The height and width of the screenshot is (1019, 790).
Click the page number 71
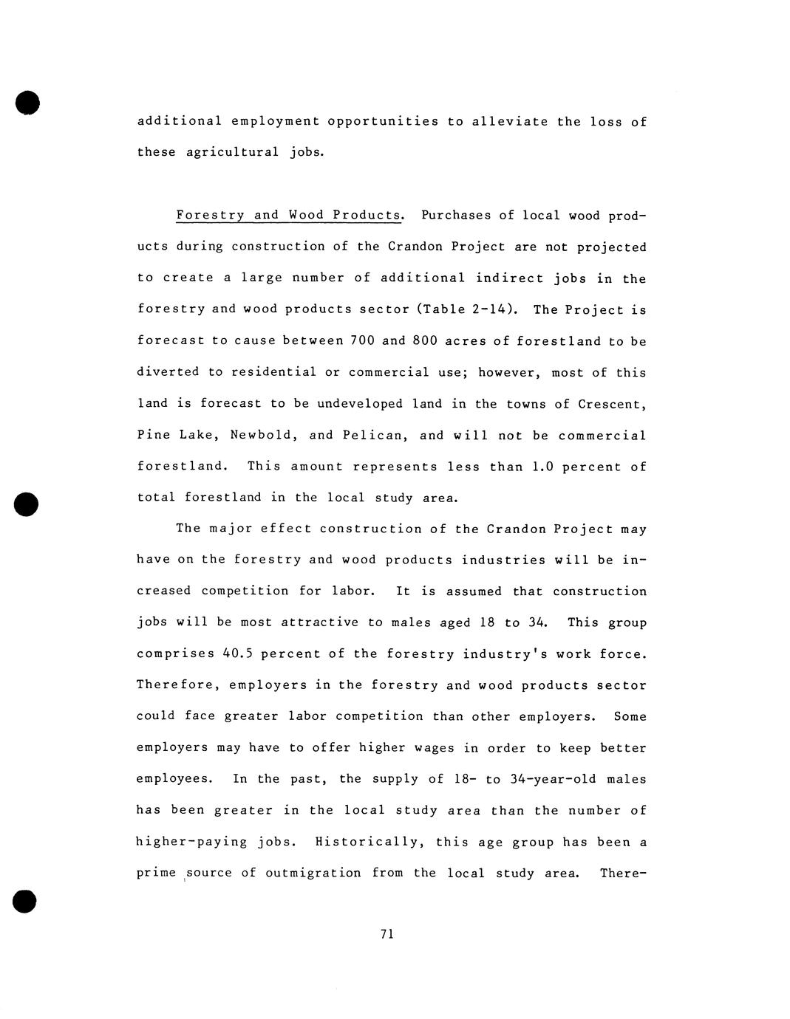click(387, 934)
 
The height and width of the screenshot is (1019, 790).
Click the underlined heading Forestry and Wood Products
click(289, 215)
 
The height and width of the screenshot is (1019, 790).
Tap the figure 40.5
click(237, 653)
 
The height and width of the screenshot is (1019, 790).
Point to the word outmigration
click(313, 873)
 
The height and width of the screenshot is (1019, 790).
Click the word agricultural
click(233, 152)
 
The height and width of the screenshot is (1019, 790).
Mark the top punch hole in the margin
click(27, 103)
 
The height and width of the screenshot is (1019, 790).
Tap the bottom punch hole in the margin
click(25, 901)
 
